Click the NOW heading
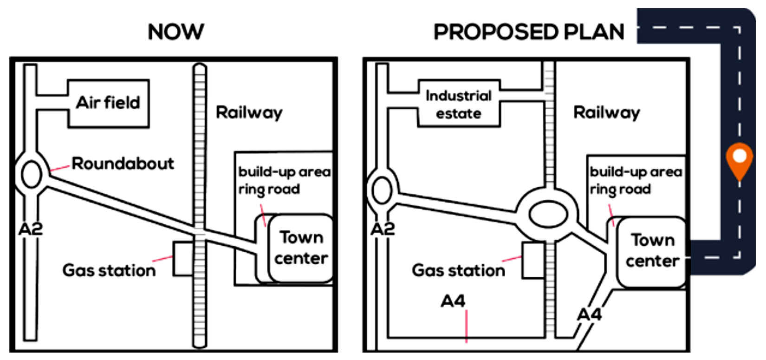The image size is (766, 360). point(175,32)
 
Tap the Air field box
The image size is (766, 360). point(108,103)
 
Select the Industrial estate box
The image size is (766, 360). point(459,104)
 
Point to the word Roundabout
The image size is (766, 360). point(123,164)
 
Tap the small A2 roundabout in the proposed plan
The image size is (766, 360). point(382,190)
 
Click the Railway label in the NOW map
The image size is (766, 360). point(249,112)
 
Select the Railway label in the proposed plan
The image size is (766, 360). point(606,112)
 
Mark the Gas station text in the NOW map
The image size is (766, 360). point(109,270)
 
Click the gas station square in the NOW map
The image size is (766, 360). point(183,258)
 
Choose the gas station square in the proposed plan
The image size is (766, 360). point(533,260)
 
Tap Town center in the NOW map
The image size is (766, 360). point(301,248)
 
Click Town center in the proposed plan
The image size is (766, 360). point(652,250)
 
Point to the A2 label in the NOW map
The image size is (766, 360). point(31,229)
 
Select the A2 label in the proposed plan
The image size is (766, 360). point(383,229)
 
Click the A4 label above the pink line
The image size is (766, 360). point(453,301)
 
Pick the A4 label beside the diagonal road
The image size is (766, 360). point(589,314)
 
